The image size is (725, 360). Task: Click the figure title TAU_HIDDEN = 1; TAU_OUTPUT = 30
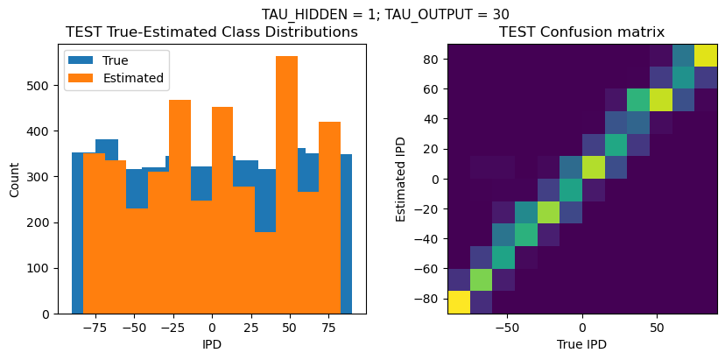[x=385, y=14]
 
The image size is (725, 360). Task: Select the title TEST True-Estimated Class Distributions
[x=212, y=32]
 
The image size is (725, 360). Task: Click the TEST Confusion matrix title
[x=581, y=32]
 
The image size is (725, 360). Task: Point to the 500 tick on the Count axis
[x=45, y=86]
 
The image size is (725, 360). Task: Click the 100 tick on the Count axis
[x=45, y=268]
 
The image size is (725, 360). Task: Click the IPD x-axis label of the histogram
[x=212, y=344]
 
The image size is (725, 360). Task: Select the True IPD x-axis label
[x=581, y=344]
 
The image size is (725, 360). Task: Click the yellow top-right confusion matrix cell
[x=706, y=54]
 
